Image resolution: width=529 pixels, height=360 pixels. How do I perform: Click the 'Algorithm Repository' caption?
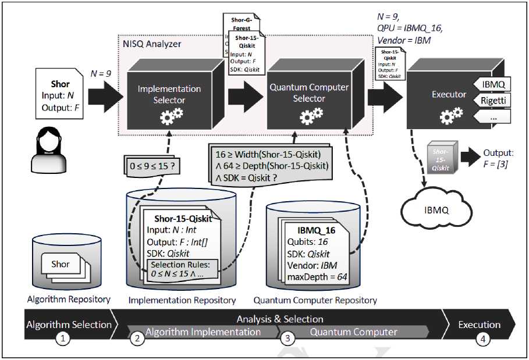[x=68, y=299]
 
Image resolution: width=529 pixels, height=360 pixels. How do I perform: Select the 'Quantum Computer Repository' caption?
[x=315, y=300]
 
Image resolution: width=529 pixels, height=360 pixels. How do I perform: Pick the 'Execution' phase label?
[x=480, y=325]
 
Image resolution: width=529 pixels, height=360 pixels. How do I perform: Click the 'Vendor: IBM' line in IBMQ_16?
[x=309, y=265]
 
